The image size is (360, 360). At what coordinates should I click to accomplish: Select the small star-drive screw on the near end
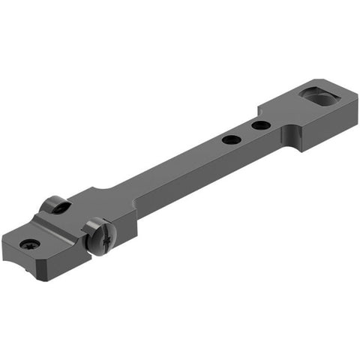coord(30,244)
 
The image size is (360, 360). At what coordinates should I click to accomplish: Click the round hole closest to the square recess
coord(261,124)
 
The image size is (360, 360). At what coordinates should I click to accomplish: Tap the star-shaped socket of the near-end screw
coord(30,244)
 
